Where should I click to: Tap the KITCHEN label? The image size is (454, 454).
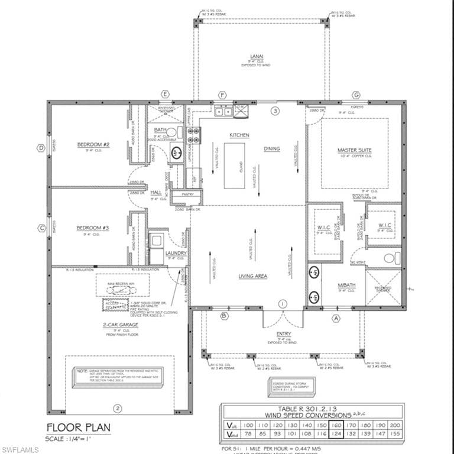pos(239,135)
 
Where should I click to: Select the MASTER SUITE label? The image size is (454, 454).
pos(355,151)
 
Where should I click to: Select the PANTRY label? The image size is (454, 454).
pos(188,194)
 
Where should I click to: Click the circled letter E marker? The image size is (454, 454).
pos(166,95)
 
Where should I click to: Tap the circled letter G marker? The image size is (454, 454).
pos(356,95)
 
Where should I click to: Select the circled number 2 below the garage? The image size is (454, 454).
pos(117,408)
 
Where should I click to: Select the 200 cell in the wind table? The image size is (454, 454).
pos(395,424)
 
